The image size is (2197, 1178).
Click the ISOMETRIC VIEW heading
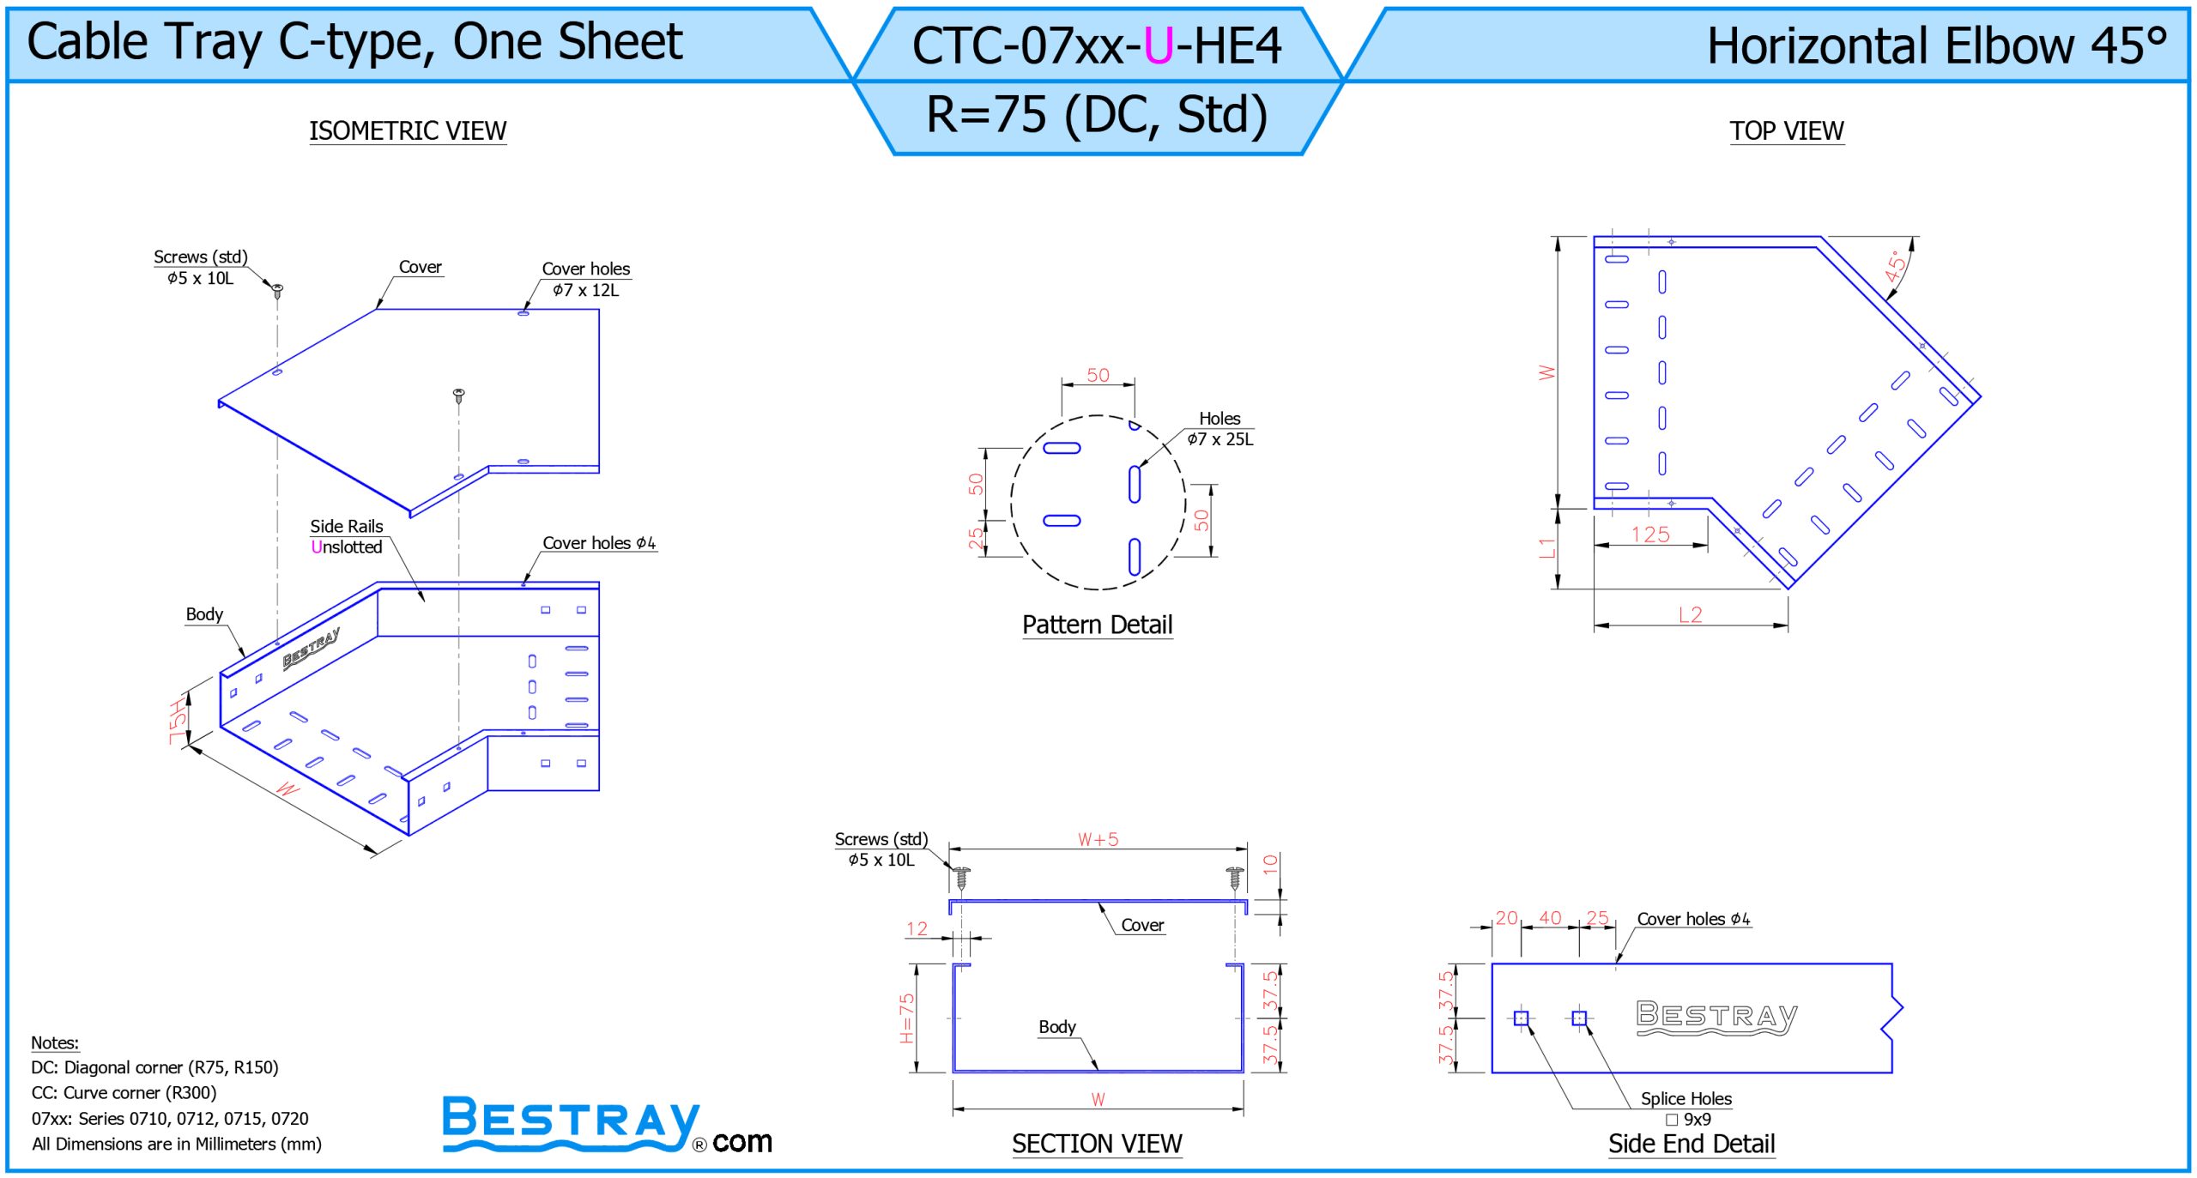pyautogui.click(x=408, y=130)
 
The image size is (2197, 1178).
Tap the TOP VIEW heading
pyautogui.click(x=1786, y=130)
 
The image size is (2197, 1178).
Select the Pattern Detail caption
pyautogui.click(x=1097, y=625)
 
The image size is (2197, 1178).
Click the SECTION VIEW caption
pyautogui.click(x=1097, y=1144)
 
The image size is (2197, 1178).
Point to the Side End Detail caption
pyautogui.click(x=1692, y=1144)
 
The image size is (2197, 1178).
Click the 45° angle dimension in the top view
pyautogui.click(x=1896, y=266)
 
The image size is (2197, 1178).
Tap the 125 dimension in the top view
pyautogui.click(x=1650, y=535)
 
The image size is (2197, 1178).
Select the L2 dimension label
pyautogui.click(x=1690, y=614)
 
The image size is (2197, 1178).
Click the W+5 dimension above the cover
pyautogui.click(x=1098, y=839)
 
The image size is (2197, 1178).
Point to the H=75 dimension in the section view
pyautogui.click(x=907, y=1018)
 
